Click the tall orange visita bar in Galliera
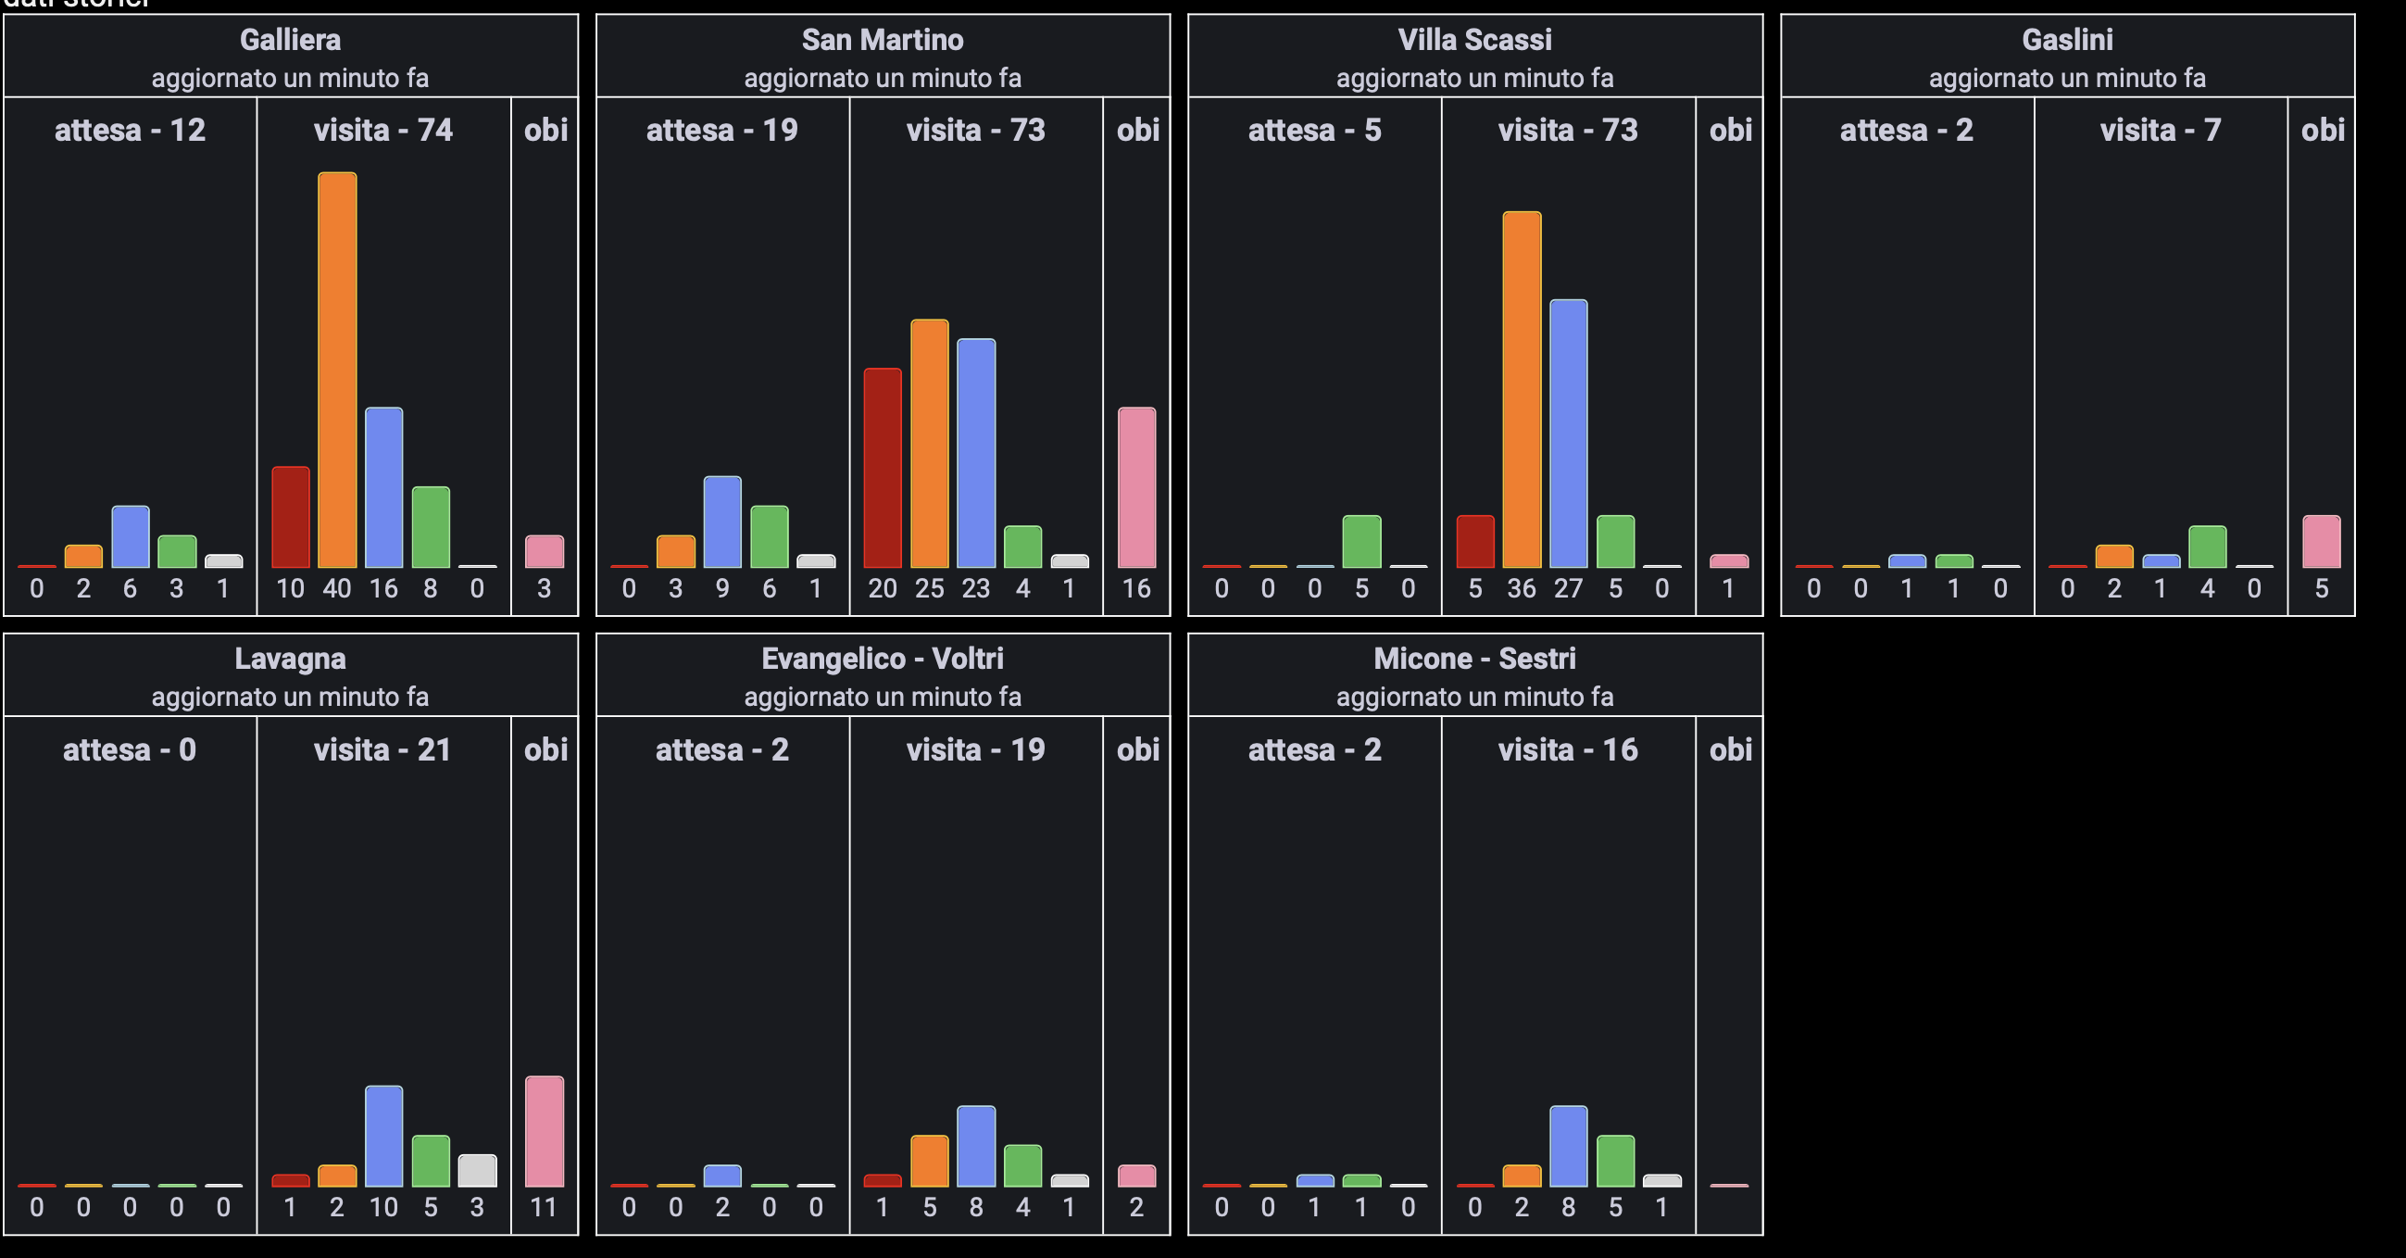pos(337,370)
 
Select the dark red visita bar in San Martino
pos(883,468)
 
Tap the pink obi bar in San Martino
pos(1136,487)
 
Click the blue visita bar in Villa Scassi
pos(1568,434)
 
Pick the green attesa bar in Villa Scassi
pos(1360,542)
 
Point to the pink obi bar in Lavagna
pos(545,1131)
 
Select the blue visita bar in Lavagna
pos(384,1136)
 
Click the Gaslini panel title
pos(2067,40)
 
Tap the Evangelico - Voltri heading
pos(883,660)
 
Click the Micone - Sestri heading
pos(1474,660)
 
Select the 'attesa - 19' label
pos(722,130)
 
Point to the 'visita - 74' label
pos(383,130)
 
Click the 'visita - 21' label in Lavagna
pos(383,750)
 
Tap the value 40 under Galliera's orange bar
pos(337,589)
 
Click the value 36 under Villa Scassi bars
pos(1522,589)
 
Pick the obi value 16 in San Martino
pos(1136,589)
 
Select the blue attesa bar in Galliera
pos(131,537)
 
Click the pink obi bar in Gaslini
pos(2321,542)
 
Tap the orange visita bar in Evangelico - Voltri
pos(929,1161)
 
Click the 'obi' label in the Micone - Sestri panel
pos(1730,750)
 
